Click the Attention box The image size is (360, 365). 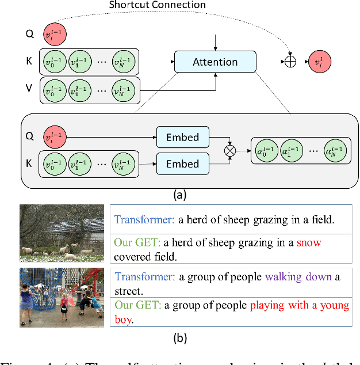pyautogui.click(x=215, y=62)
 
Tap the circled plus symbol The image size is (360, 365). pyautogui.click(x=290, y=62)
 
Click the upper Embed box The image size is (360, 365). pyautogui.click(x=182, y=137)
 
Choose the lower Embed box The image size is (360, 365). pyautogui.click(x=182, y=164)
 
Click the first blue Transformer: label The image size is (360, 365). pyautogui.click(x=145, y=219)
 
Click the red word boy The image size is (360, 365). pyautogui.click(x=122, y=318)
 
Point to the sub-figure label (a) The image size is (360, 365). pyautogui.click(x=180, y=195)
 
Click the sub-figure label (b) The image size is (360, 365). pyautogui.click(x=180, y=338)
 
